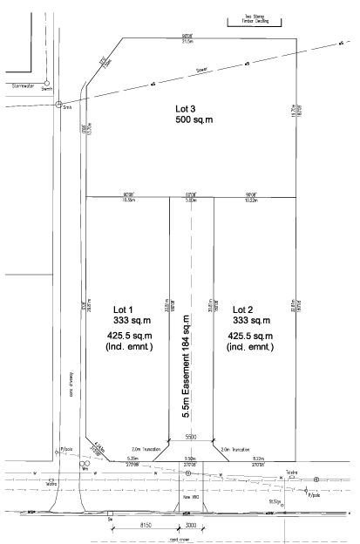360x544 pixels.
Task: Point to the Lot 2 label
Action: coord(245,309)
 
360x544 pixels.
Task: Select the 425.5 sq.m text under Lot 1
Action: coord(129,336)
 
